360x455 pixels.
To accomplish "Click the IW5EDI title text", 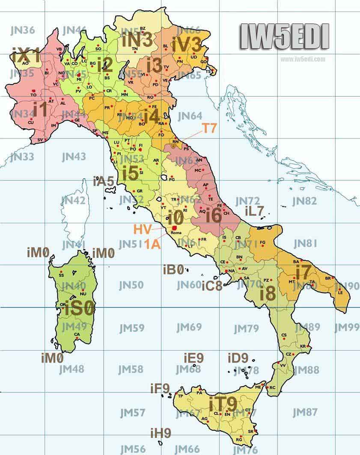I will click(284, 37).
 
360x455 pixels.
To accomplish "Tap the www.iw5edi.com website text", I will click(303, 59).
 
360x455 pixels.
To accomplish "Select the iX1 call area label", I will click(27, 56).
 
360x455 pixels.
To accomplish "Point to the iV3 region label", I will click(186, 44).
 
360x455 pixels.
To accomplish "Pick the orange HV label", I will click(143, 229).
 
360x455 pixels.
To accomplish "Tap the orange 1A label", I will click(152, 244).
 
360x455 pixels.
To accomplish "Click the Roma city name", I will click(176, 233).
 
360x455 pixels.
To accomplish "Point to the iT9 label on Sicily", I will click(223, 403).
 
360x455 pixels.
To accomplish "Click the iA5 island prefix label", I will click(103, 181).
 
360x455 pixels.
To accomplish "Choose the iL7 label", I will click(255, 211).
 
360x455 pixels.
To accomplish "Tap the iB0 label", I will click(173, 269).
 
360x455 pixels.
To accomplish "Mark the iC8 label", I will click(212, 286).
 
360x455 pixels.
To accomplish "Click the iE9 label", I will click(193, 357).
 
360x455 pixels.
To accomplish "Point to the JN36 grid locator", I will click(22, 30).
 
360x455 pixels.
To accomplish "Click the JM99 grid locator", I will click(347, 328).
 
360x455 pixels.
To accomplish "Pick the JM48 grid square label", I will click(71, 369).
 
